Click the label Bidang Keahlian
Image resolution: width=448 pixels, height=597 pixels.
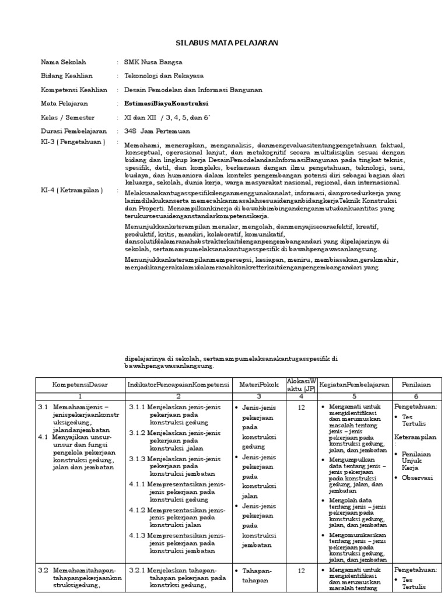coord(66,76)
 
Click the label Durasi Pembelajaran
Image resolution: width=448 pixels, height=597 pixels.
coord(73,131)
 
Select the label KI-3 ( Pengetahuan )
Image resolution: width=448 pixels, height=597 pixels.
coord(73,142)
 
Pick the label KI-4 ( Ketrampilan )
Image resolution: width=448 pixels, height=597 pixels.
coord(72,190)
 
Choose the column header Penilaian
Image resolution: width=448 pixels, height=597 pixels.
coord(416,385)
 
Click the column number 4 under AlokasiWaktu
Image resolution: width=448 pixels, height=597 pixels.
coord(300,396)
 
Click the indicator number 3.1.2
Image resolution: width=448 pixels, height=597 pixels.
coord(138,433)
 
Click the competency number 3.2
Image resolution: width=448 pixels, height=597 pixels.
coord(43,570)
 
